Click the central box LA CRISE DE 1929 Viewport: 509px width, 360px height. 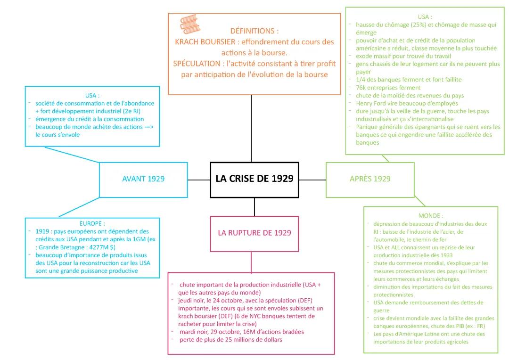(254, 179)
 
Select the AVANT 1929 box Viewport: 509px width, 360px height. (143, 179)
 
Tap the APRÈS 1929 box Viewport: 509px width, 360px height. (370, 179)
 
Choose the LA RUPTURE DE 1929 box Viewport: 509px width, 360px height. (254, 233)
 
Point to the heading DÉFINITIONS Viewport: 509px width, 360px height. (254, 31)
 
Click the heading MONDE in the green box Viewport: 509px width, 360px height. (431, 215)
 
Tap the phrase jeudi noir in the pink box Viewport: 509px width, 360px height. (189, 300)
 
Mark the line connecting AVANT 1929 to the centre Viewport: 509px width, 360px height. (199, 180)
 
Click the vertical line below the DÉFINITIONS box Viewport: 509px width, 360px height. (251, 127)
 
